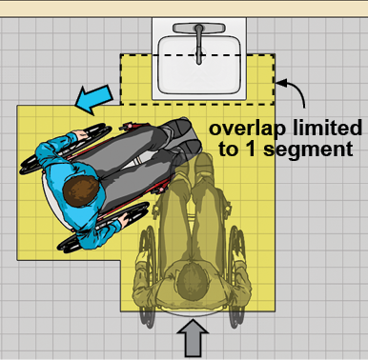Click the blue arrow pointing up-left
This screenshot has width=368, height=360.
point(93,99)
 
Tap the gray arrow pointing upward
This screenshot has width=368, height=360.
point(193,338)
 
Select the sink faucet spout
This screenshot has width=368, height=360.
point(199,45)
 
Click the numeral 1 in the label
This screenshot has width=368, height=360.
point(251,148)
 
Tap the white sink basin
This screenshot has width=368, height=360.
point(199,65)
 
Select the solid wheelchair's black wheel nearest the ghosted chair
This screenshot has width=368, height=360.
point(103,228)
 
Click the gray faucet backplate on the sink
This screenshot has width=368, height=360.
point(199,29)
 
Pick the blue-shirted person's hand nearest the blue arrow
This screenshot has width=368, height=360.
point(80,134)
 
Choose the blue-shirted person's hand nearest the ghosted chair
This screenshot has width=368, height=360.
point(122,220)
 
